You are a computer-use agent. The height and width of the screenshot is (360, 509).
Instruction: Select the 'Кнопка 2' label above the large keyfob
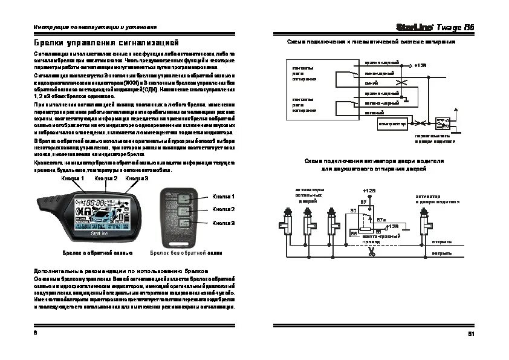click(x=106, y=178)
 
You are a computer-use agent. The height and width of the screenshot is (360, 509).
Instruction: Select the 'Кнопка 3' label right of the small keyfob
click(x=224, y=223)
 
